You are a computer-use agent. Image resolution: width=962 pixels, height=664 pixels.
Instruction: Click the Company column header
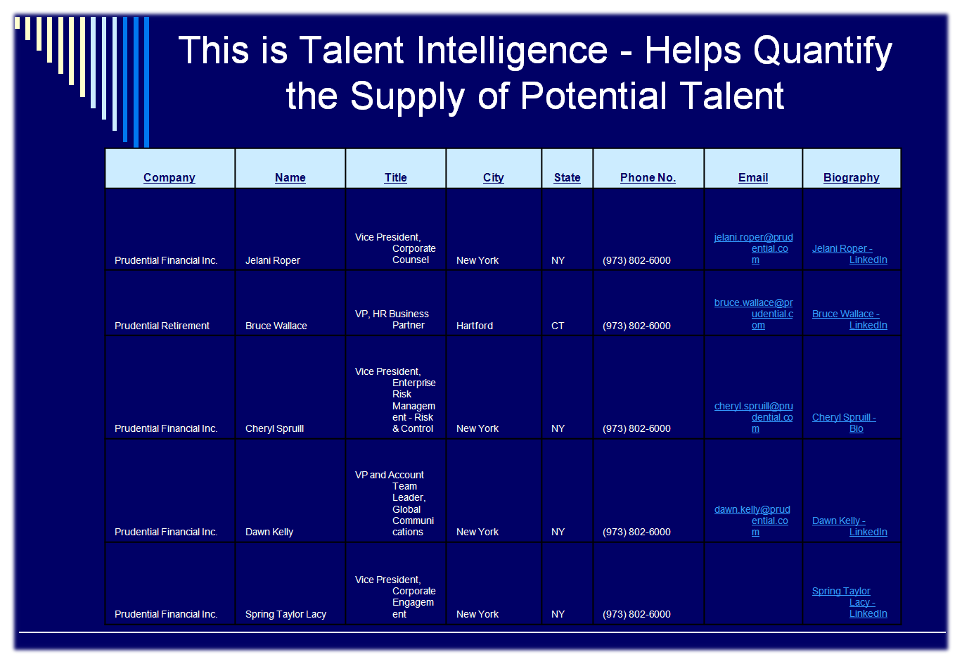click(x=169, y=177)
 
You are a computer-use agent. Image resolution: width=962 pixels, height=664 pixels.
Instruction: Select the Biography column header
click(x=851, y=177)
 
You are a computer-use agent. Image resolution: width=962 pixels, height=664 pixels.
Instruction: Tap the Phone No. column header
click(x=648, y=177)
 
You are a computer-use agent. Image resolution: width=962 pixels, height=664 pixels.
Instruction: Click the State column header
click(x=567, y=177)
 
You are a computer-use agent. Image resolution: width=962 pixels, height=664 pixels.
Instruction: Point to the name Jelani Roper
click(x=272, y=260)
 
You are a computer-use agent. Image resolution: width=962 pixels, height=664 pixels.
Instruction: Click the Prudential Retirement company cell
click(x=162, y=326)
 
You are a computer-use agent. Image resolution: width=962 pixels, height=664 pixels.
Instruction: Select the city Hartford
click(x=475, y=326)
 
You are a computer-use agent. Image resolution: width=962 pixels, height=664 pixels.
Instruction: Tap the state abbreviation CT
click(x=558, y=326)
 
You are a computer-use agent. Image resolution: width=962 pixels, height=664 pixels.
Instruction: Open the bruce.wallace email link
click(x=754, y=314)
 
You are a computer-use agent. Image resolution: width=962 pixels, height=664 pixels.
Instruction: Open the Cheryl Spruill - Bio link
click(x=844, y=423)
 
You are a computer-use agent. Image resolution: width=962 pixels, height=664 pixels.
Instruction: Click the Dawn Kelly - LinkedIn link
click(x=849, y=526)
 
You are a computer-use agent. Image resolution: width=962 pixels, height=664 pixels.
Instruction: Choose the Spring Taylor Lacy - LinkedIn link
click(x=849, y=602)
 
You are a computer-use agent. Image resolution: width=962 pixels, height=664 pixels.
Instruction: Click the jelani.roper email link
click(x=754, y=248)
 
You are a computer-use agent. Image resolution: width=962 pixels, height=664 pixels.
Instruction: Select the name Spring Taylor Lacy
click(x=286, y=614)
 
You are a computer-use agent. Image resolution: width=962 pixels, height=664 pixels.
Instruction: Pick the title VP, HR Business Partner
click(x=392, y=319)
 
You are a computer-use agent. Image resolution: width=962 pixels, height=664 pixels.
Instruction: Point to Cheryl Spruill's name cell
click(x=274, y=428)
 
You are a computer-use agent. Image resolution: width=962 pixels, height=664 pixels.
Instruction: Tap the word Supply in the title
click(x=408, y=97)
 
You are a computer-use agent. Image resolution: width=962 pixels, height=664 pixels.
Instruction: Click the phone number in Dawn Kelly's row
click(x=636, y=532)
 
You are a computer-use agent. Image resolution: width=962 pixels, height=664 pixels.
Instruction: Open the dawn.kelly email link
click(x=752, y=521)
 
